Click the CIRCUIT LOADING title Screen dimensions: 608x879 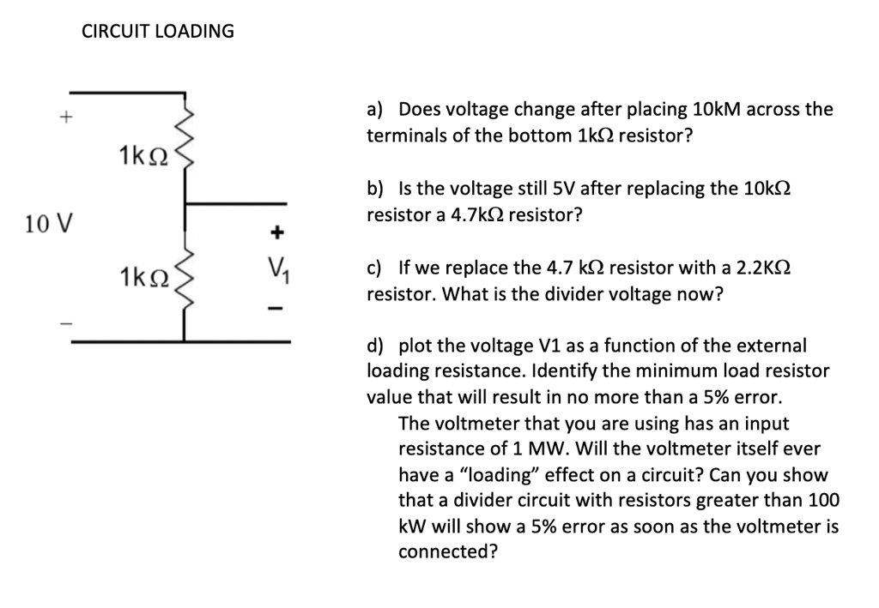coord(158,32)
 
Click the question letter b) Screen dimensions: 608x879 coord(375,189)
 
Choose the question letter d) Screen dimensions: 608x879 coord(375,346)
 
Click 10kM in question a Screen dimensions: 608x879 coord(715,110)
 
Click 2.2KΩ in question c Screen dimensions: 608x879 coord(756,268)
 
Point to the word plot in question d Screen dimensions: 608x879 coord(415,346)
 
